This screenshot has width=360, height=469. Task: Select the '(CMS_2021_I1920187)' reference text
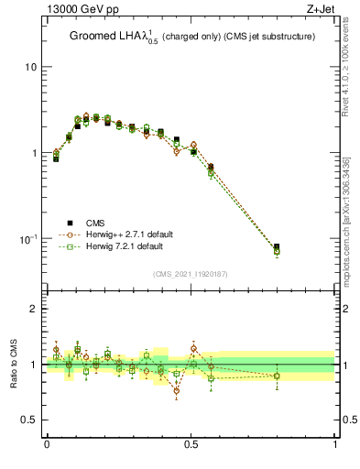[191, 273]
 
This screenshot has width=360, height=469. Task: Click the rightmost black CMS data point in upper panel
[277, 246]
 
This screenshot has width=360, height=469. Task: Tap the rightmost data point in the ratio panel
[277, 376]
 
